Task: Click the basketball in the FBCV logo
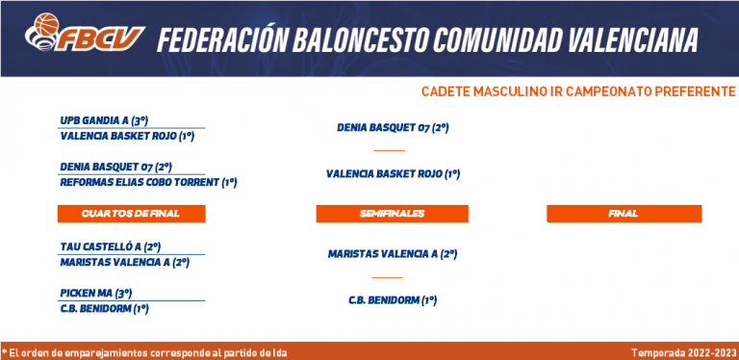point(46,24)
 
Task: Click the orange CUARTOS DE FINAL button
point(131,214)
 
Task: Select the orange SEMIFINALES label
point(393,214)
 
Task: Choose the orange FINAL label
point(624,214)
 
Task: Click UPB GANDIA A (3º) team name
point(104,120)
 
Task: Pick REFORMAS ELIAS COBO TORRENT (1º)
point(148,182)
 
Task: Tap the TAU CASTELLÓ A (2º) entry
point(111,247)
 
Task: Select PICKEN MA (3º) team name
point(96,293)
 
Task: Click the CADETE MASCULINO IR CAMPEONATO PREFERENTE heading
point(577,91)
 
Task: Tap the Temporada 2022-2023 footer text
point(683,352)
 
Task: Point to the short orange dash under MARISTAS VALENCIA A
point(388,277)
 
